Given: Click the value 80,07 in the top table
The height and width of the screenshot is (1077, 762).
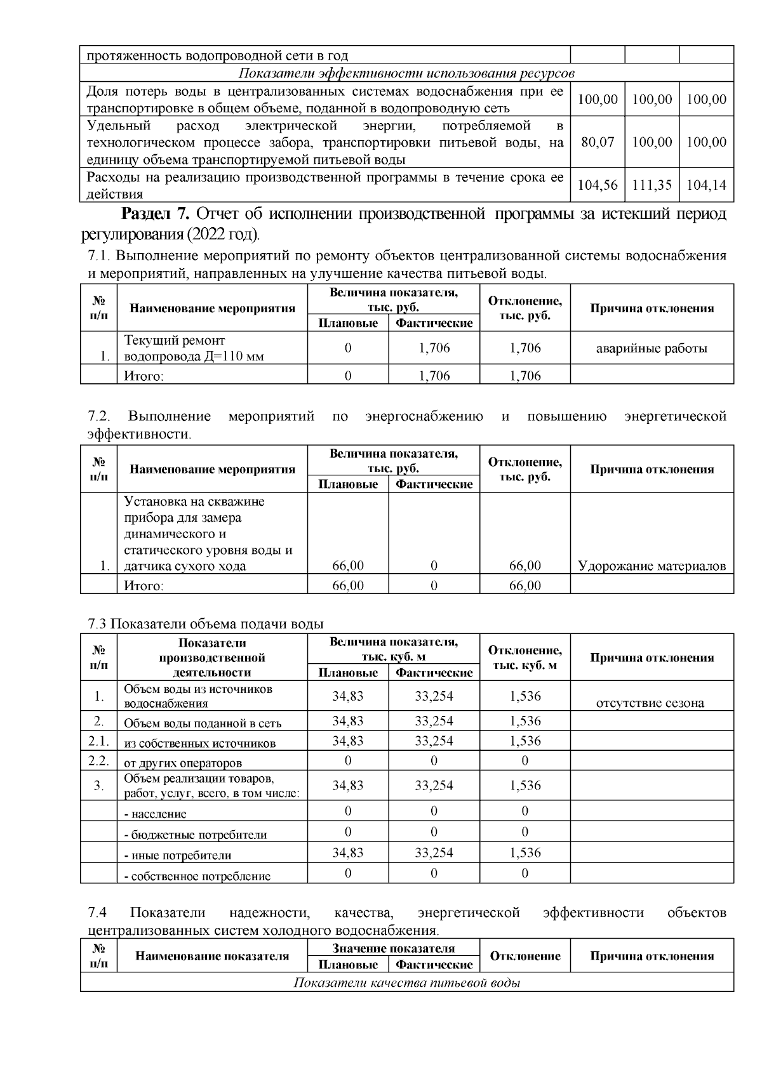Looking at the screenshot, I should [x=598, y=142].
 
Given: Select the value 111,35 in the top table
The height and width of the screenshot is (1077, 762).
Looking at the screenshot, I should [x=652, y=185].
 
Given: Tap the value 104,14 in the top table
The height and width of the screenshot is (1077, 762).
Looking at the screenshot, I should [x=706, y=185].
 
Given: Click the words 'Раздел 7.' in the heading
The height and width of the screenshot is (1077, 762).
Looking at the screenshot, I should [x=156, y=214].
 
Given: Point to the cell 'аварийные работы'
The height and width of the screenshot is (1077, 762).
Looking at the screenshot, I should [x=652, y=348].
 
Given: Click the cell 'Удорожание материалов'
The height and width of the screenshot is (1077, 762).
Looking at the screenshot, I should [x=652, y=566].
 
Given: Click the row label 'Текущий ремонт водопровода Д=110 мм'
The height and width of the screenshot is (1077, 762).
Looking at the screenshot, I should [x=194, y=348].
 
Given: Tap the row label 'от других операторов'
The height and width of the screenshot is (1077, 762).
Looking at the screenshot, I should [x=183, y=763].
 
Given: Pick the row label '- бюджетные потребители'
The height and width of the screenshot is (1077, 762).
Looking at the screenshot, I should [x=195, y=835].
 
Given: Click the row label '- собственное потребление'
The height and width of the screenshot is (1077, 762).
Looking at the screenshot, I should [x=197, y=876].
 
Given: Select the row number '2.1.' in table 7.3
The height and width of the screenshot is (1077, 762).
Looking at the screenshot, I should [x=98, y=741].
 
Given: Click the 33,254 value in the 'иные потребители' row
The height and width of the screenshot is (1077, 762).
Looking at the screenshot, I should [x=434, y=853].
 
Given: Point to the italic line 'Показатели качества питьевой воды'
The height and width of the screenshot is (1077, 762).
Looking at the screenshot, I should [x=407, y=983].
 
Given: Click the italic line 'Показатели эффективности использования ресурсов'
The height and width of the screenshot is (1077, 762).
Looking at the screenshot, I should [x=407, y=73].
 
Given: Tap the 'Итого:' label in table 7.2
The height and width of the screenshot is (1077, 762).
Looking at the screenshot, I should [x=144, y=585].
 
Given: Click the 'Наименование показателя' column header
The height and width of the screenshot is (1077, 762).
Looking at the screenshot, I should [x=212, y=956].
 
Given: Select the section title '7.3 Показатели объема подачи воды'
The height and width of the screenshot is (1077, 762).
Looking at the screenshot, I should [x=205, y=624].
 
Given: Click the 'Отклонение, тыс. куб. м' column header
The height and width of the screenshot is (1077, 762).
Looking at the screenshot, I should [x=525, y=657].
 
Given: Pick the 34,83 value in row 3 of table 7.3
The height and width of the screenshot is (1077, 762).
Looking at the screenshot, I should [x=347, y=786].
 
